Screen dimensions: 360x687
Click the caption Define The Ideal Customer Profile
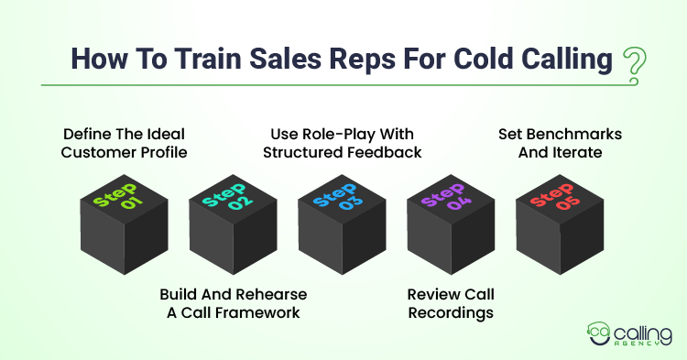point(124,143)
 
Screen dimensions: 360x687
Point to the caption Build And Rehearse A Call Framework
point(233,303)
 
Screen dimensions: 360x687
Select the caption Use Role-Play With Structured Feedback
point(343,143)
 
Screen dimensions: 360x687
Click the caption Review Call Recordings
point(451,303)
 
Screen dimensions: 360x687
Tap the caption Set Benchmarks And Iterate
point(560,143)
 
